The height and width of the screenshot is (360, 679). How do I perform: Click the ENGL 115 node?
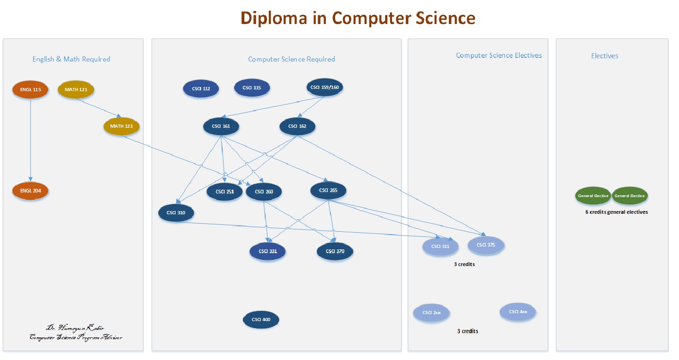point(30,89)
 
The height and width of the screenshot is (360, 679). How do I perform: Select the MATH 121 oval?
point(76,89)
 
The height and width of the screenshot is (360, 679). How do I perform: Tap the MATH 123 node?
point(121,126)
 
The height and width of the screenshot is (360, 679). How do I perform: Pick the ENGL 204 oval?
point(30,191)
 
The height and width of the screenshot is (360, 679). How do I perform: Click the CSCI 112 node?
point(200,88)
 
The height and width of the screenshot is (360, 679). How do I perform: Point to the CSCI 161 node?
point(221,126)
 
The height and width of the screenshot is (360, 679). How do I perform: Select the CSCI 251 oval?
point(224,192)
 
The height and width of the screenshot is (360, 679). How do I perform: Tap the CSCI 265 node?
point(328,190)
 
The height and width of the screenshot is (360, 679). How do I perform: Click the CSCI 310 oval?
point(176,213)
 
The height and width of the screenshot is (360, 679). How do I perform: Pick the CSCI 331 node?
point(267,251)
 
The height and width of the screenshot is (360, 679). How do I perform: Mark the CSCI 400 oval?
point(261,319)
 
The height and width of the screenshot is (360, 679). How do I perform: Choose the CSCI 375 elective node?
point(486,245)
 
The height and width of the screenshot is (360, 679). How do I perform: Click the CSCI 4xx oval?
point(517,311)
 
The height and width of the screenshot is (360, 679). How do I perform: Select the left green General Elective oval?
point(592,196)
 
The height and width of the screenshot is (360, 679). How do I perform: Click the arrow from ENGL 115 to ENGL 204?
point(31,139)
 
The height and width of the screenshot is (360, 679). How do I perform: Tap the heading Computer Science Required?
point(292,59)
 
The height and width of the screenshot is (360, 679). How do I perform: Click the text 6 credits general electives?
point(617,212)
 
